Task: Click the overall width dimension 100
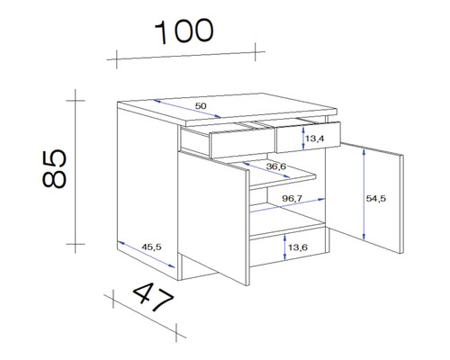[185, 31]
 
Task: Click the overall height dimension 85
[55, 168]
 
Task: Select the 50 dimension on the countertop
[200, 107]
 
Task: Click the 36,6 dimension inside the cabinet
[276, 166]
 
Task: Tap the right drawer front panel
[309, 137]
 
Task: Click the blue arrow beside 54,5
[364, 194]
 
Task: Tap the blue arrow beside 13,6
[285, 245]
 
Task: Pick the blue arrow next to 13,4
[302, 138]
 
